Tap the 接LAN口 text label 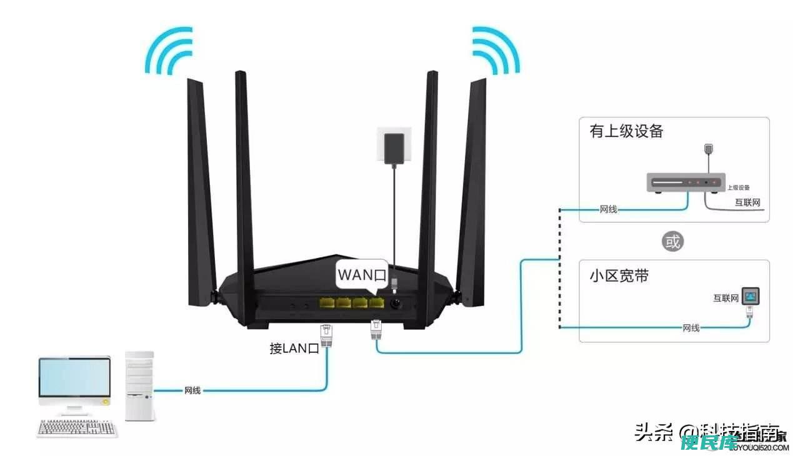coord(294,348)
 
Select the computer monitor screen coord(74,377)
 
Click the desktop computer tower coord(139,385)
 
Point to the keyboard coord(77,429)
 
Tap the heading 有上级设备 coord(626,131)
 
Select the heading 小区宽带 coord(619,275)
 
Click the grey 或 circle coord(672,241)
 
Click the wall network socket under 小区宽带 coord(750,295)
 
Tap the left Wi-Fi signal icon coord(167,51)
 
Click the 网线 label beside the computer coord(192,390)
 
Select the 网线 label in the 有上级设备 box coord(608,209)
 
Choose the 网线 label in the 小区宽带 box coord(691,327)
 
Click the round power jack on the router coord(396,304)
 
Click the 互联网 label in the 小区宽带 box coord(726,299)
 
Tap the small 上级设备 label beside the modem coord(738,187)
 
